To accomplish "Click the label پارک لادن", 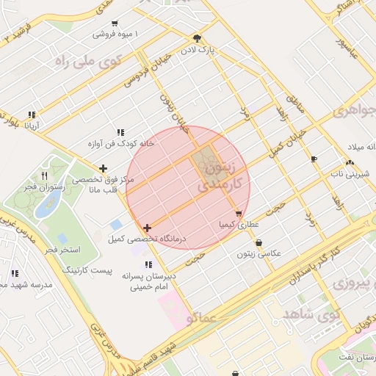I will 197,49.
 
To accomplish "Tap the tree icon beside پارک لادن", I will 196,37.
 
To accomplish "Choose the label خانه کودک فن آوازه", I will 120,144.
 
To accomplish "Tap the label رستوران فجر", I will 45,187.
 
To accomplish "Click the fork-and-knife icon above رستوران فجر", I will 45,176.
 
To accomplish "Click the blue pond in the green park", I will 48,206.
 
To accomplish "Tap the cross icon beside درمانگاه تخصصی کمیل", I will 148,228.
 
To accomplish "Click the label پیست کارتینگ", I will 107,270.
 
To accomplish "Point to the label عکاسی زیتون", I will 258,253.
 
